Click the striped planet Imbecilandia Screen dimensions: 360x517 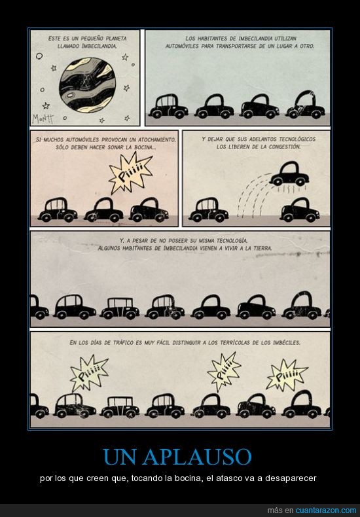coord(87,85)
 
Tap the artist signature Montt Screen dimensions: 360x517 coord(43,118)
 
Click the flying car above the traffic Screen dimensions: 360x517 coord(289,174)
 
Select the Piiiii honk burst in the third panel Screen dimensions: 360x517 coord(130,173)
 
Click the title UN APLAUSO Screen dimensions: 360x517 coord(177,457)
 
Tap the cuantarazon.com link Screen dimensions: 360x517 coord(326,510)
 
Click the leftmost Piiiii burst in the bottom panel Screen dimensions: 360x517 coord(89,373)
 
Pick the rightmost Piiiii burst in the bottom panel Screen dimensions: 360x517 coord(287,375)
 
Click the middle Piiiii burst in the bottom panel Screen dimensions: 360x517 coord(224,372)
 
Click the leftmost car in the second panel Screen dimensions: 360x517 coord(168,107)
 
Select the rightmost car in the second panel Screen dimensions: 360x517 coord(305,105)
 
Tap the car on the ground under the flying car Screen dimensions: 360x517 coord(300,209)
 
